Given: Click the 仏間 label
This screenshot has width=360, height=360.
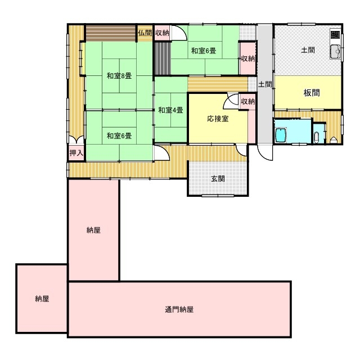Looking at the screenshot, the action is point(145,33).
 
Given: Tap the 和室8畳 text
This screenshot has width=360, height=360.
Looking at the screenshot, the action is point(119,76).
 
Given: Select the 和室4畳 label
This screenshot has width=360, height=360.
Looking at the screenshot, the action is point(170,110).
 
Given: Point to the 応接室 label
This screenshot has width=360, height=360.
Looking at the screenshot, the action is point(218,119).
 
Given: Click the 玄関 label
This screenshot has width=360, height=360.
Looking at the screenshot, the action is point(218,179).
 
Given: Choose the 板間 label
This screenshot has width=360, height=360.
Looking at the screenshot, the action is point(312,93).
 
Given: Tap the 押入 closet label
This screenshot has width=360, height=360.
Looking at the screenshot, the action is point(76,152).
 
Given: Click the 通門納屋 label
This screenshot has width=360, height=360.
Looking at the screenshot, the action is point(179,309).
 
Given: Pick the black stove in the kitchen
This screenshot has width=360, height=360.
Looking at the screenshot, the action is point(335,35).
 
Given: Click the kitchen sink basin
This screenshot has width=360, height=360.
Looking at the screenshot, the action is point(335,51).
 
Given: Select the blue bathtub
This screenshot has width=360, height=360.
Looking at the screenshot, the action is point(281,135).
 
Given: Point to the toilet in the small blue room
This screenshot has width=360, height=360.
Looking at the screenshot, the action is point(316,137).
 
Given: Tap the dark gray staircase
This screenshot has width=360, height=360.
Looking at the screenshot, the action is point(163,58).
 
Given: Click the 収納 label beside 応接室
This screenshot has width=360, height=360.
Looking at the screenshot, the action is point(248,101).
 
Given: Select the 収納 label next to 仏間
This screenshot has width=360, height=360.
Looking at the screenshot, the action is point(162,33).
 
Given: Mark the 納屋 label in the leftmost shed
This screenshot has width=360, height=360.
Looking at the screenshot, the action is point(42,299).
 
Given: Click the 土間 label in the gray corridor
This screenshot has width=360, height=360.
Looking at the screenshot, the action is point(265,84).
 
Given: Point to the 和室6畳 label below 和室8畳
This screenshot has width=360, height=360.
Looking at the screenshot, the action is point(119,136).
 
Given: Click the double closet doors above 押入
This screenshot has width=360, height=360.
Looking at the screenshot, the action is point(76,139).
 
